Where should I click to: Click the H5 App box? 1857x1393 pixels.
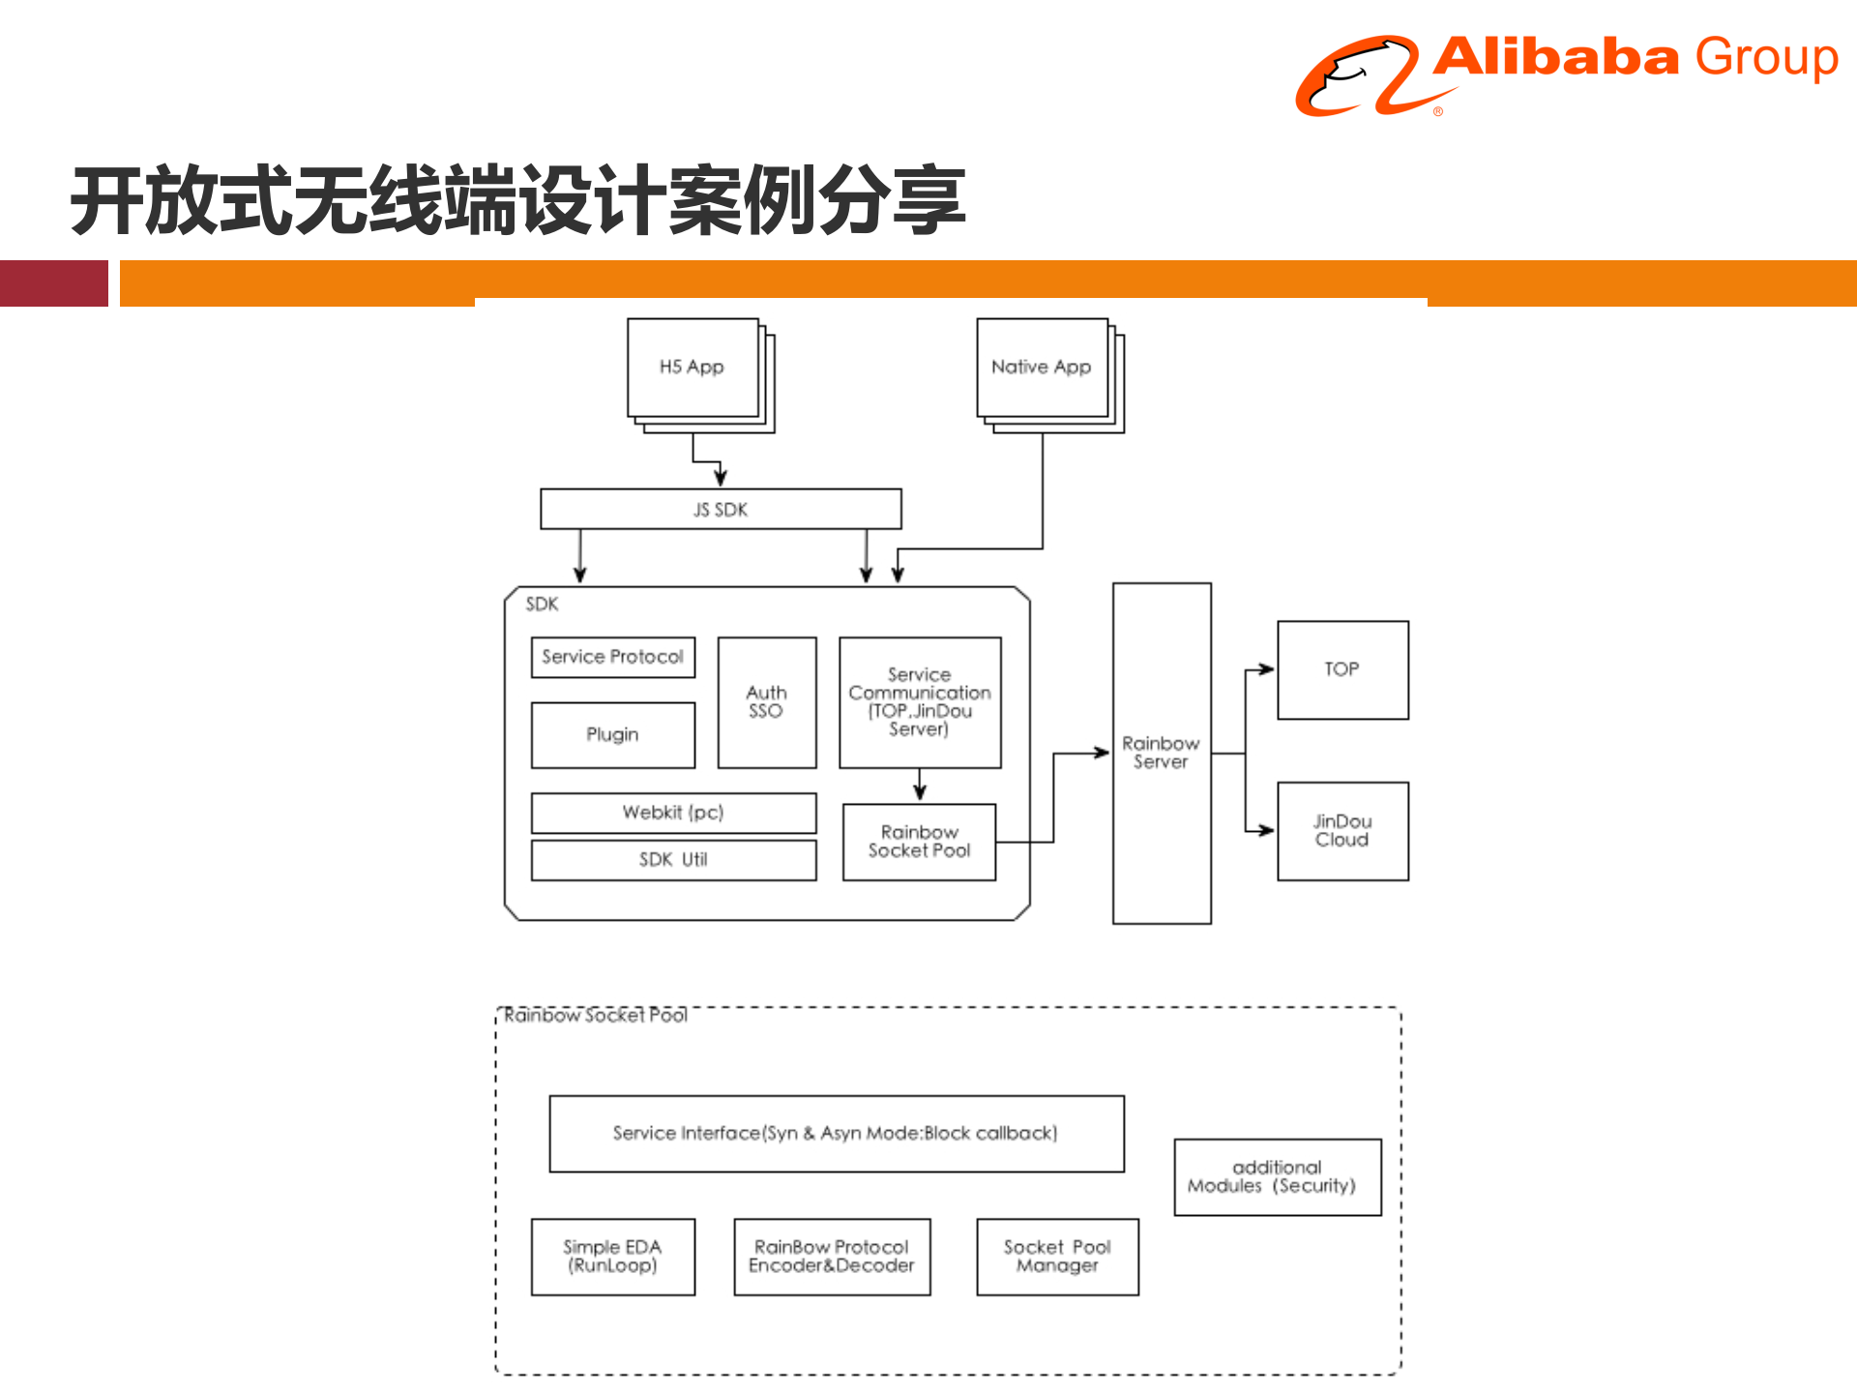coord(693,368)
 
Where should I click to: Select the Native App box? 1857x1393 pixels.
coord(1042,368)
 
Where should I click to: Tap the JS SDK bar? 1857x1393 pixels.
coord(721,509)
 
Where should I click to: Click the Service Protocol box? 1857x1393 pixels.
coord(612,657)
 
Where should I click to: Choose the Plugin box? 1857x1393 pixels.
coord(612,735)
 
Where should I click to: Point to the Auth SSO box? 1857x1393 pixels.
coord(766,702)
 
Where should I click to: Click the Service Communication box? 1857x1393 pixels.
coord(920,702)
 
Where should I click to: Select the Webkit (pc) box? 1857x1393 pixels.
coord(673,813)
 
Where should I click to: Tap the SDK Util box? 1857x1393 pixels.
coord(673,860)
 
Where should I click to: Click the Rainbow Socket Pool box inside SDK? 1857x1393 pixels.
coord(919,842)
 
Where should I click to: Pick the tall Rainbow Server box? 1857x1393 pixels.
coord(1161,753)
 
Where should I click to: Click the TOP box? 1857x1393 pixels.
coord(1342,669)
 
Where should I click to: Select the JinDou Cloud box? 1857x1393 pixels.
coord(1342,831)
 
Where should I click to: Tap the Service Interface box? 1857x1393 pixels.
coord(836,1133)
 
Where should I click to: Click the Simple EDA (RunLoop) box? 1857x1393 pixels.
coord(612,1257)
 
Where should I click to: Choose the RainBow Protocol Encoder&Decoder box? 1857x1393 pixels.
coord(832,1257)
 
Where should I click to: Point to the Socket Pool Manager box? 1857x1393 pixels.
coord(1057,1257)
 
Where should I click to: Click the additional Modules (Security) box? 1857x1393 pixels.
coord(1277,1176)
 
